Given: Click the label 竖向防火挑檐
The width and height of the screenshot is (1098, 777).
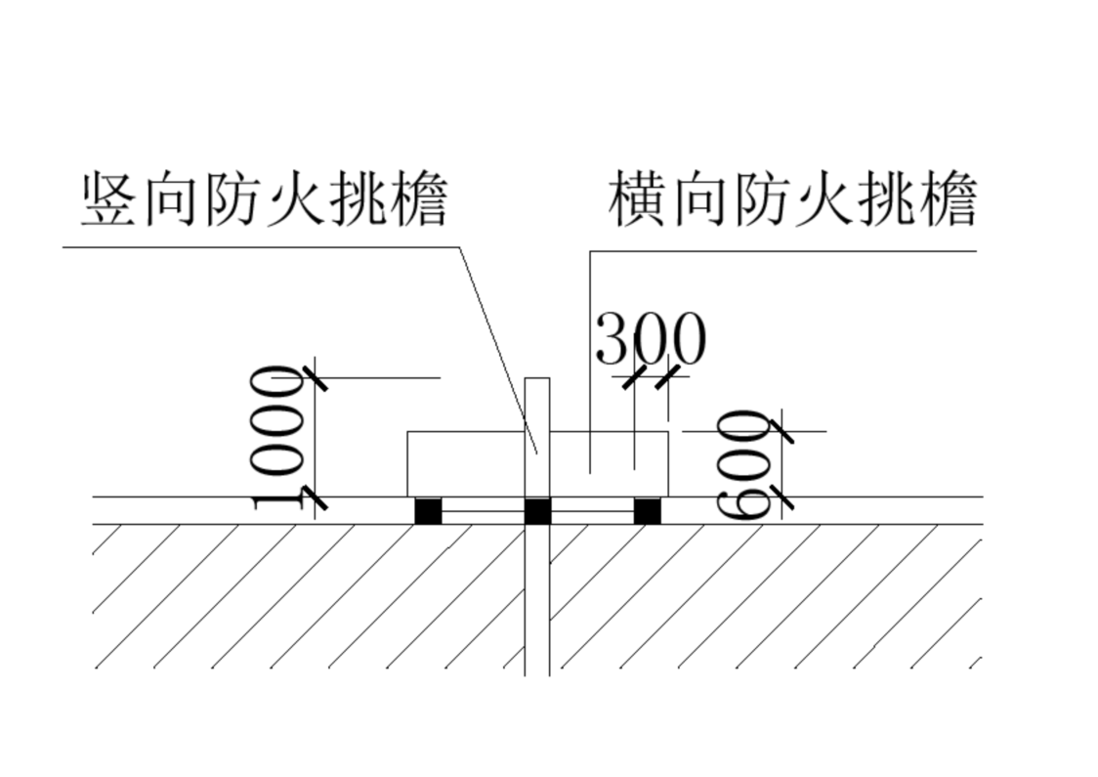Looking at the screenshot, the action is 265,200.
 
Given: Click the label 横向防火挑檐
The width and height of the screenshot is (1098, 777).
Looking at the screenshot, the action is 792,200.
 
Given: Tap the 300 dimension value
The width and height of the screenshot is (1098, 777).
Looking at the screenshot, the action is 651,339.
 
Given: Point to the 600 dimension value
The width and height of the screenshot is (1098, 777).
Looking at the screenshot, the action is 743,465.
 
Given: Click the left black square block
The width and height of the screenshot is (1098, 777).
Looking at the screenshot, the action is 428,511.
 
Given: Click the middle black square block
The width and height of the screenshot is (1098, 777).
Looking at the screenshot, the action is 538,511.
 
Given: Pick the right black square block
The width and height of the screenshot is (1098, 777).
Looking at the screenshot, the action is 647,511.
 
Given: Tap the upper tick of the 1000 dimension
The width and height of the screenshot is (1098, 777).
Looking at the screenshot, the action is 315,378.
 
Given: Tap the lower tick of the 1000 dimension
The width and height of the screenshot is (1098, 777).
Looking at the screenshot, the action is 315,496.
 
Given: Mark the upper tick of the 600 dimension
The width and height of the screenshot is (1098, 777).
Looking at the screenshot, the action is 781,431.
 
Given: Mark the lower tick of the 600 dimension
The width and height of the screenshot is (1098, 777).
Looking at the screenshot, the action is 781,496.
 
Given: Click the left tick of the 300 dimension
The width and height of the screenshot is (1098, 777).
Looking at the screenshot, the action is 635,376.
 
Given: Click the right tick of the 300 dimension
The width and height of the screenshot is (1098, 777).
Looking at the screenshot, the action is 668,376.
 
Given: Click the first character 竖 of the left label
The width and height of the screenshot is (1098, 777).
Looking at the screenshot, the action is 109,200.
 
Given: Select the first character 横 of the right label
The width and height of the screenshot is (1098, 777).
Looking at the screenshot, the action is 637,200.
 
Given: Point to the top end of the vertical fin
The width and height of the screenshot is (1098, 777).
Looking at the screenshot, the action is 537,378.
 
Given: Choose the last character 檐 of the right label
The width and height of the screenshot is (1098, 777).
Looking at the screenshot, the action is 949,200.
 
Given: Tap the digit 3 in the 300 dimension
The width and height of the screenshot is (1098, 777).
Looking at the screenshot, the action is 612,339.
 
